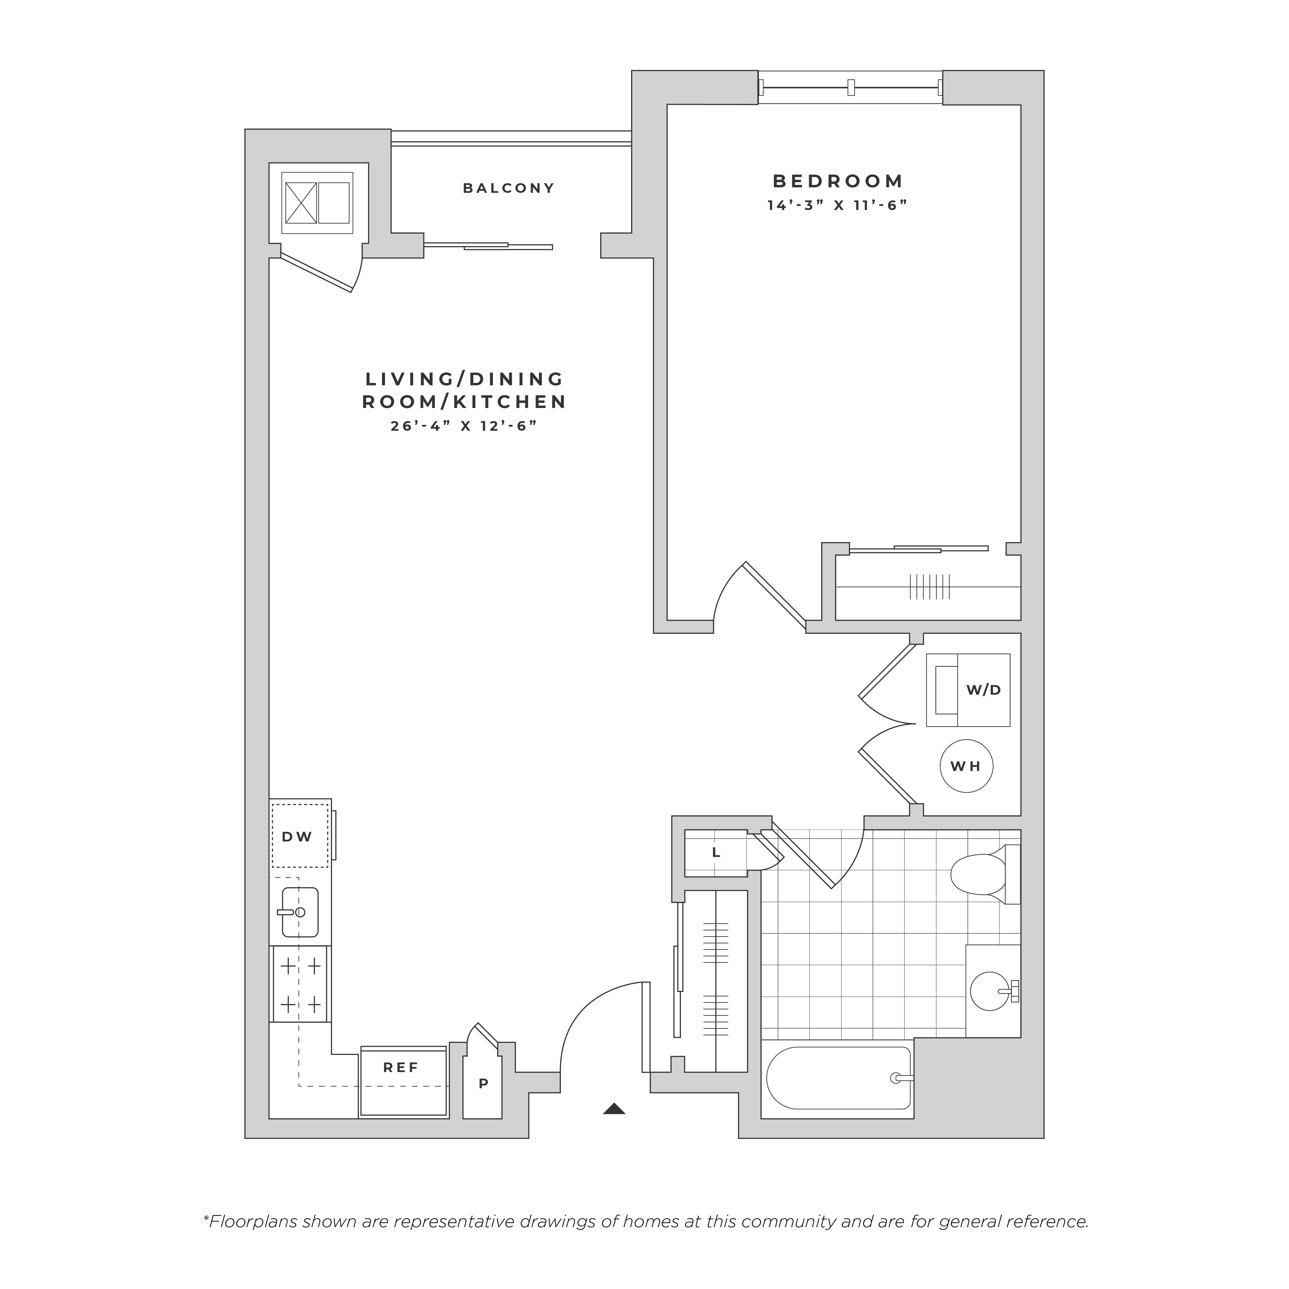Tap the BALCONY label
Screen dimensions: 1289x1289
509,188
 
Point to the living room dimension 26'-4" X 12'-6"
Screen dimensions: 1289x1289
464,426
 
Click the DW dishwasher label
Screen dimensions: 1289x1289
297,837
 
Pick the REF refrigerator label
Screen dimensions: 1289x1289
401,1068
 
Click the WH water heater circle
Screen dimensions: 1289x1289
967,766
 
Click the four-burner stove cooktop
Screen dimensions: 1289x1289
300,984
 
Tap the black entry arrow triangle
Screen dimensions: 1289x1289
614,1109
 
